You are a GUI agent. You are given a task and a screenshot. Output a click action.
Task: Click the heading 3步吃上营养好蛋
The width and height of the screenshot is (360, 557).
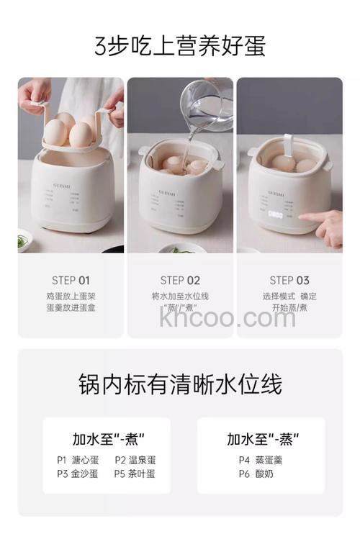point(180,45)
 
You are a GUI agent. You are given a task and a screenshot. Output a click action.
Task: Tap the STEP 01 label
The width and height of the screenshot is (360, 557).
point(71,281)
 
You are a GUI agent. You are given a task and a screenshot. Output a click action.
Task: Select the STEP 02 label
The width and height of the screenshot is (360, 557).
point(180,281)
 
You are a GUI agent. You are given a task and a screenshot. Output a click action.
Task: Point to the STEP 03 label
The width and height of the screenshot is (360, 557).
point(289,281)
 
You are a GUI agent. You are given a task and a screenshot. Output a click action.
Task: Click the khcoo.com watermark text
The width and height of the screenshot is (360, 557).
point(228,317)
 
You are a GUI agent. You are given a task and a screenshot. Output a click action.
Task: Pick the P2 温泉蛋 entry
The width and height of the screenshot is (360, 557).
point(135,460)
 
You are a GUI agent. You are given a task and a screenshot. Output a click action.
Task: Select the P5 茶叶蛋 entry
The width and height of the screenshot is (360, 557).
point(135,474)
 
